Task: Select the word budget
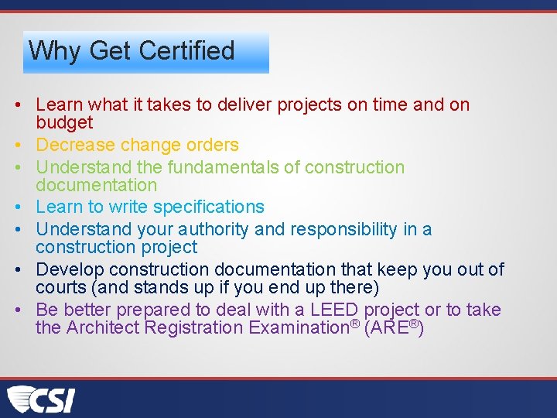tap(64, 122)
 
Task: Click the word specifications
tap(209, 207)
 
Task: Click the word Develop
tap(70, 269)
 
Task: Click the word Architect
tap(104, 327)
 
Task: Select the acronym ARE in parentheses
tap(390, 327)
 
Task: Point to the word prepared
tap(153, 310)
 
